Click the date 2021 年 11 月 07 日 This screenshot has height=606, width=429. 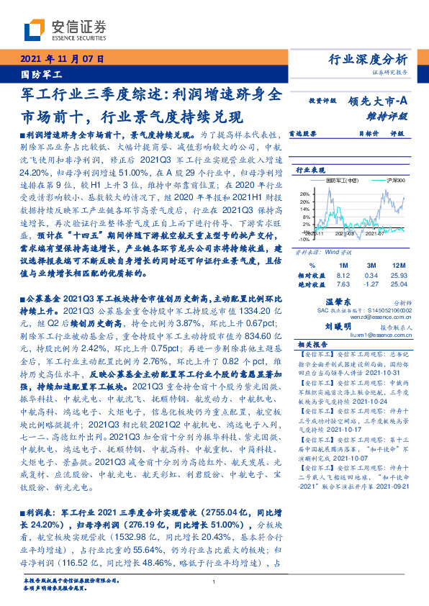coord(63,58)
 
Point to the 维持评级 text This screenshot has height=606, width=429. coord(392,115)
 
